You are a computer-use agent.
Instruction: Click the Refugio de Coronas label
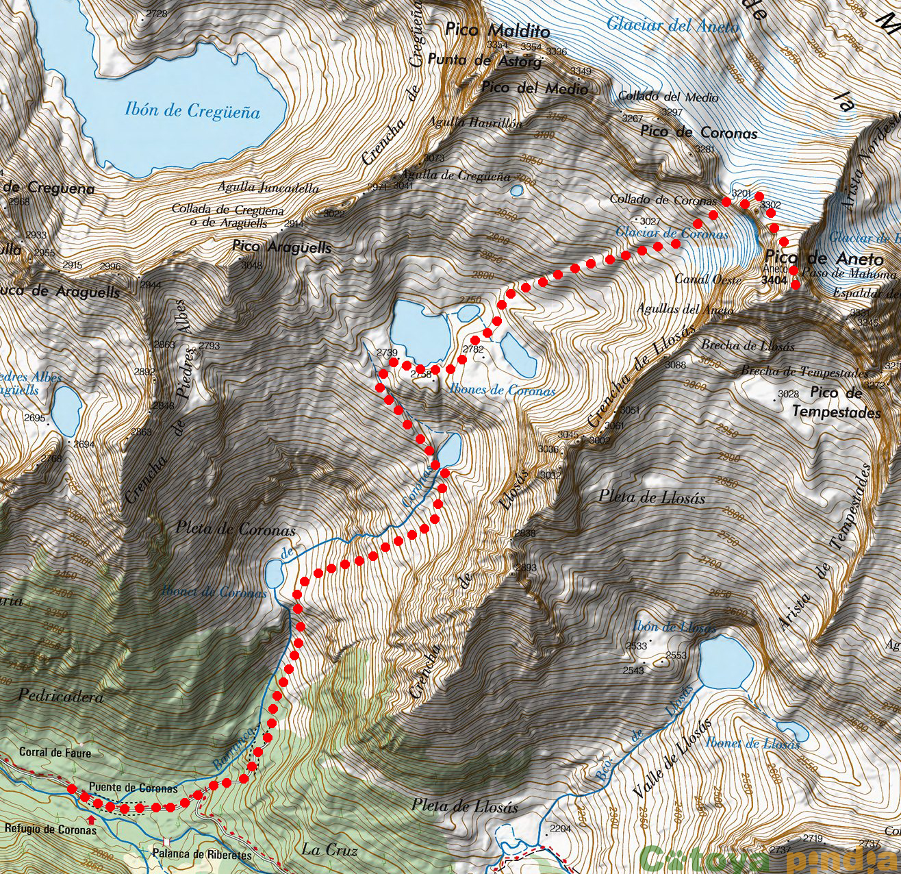[50, 829]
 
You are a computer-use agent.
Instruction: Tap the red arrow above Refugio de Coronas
[91, 819]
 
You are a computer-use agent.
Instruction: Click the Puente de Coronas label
[134, 788]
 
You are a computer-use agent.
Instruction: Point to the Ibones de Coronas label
[503, 390]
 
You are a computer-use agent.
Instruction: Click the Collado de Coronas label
[663, 200]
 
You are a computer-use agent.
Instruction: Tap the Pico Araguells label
[281, 247]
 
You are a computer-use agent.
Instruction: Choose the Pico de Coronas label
[698, 133]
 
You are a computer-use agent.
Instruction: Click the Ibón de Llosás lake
[726, 661]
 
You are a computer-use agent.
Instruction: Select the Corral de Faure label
[55, 752]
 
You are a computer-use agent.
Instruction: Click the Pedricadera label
[61, 697]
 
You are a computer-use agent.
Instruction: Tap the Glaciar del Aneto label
[672, 26]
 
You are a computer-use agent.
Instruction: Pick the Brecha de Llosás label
[747, 346]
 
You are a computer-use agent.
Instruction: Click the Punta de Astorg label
[485, 60]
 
